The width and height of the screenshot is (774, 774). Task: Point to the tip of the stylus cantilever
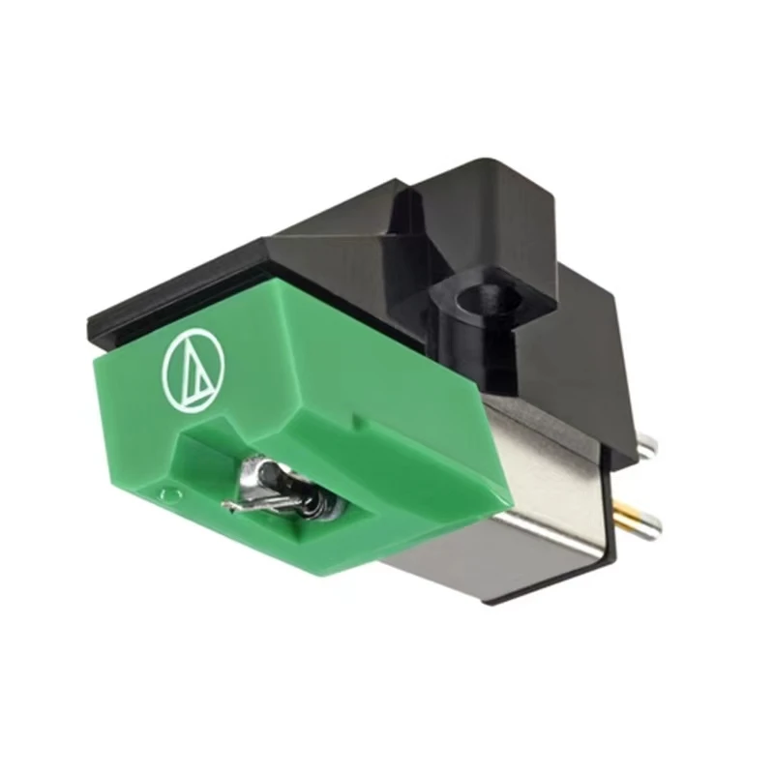[226, 506]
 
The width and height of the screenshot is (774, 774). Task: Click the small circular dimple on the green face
[171, 495]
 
